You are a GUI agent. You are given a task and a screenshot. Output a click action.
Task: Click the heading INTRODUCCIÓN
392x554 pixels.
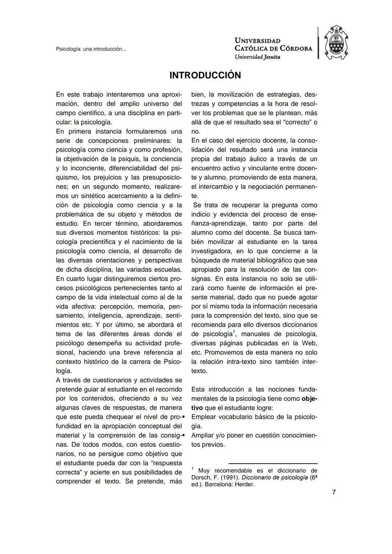(x=205, y=75)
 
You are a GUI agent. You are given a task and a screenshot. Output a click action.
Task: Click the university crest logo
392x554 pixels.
(x=336, y=43)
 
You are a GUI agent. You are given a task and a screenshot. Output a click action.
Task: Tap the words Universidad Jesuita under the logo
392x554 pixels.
(x=257, y=57)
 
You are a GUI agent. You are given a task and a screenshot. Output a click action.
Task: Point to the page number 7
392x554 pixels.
(x=334, y=492)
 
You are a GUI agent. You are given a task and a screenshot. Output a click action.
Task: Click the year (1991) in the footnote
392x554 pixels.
(x=230, y=477)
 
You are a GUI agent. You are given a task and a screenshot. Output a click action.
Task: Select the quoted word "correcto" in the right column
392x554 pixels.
(x=297, y=122)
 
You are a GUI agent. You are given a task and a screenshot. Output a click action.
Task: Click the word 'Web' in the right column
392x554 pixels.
(x=310, y=343)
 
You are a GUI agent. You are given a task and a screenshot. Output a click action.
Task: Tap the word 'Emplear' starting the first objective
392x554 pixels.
(x=203, y=417)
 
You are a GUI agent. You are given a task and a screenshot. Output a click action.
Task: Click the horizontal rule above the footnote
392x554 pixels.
(x=273, y=463)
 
